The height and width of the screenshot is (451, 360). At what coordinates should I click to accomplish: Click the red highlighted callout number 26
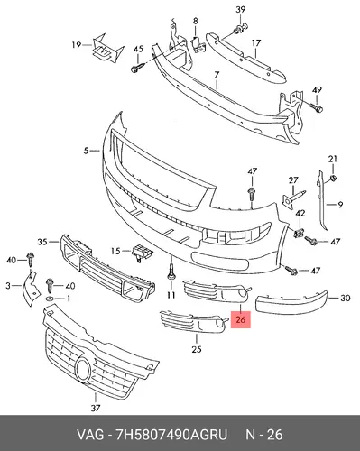tap(241, 319)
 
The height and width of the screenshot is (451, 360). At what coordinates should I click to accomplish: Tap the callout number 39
tap(240, 10)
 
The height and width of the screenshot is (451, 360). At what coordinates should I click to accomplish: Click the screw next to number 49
tap(317, 107)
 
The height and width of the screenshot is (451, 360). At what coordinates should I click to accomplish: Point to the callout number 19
tap(77, 45)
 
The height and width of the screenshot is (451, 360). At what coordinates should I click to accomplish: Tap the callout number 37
tap(96, 408)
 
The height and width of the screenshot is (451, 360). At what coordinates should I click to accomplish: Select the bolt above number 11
tap(171, 272)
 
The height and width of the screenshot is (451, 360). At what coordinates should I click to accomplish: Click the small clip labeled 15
tap(141, 253)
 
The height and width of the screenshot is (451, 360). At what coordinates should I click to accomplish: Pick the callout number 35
tap(42, 242)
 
